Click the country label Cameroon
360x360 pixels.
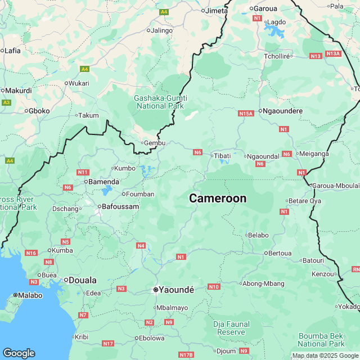[218, 199]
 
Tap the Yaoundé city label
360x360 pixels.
[176, 290]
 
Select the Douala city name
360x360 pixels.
[82, 280]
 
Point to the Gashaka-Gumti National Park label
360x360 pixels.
[160, 102]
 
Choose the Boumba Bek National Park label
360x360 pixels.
[321, 339]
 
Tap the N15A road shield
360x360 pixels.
[246, 114]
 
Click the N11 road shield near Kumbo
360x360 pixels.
[83, 172]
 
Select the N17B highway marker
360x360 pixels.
[186, 355]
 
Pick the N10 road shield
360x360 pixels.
[214, 287]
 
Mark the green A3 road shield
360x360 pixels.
[7, 102]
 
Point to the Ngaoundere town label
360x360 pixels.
[283, 111]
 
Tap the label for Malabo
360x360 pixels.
[30, 295]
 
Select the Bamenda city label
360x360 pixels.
[104, 182]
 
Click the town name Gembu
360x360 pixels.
[155, 143]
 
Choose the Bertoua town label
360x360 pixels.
[281, 253]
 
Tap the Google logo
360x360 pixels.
[19, 353]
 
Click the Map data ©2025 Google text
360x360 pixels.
[325, 355]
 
